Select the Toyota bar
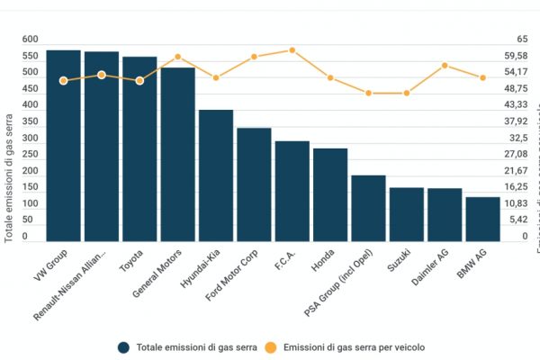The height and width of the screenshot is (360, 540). pos(139,149)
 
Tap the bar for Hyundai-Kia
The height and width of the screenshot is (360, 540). pos(216,175)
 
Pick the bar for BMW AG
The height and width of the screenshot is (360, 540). pos(482,219)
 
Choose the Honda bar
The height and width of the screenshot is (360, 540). pos(330,194)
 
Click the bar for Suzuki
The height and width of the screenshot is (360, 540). pos(407,214)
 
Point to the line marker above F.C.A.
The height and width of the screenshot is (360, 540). pos(292,50)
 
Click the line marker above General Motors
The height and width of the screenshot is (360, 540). pos(178,57)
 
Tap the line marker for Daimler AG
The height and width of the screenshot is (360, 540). pos(445,65)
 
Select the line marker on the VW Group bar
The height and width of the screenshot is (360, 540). pos(63,81)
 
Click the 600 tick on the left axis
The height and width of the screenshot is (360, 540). pos(31,40)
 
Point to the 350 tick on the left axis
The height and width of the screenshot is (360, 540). pos(31,139)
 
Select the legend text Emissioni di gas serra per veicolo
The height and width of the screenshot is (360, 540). pos(354,346)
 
